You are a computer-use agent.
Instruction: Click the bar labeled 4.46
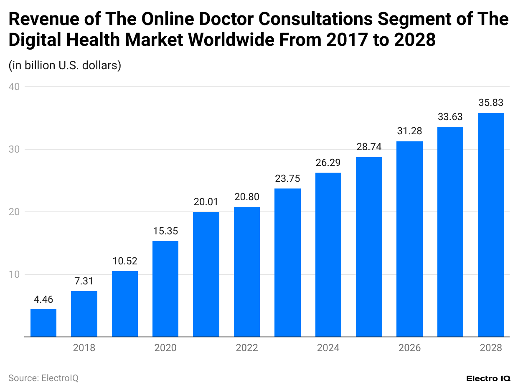coord(43,323)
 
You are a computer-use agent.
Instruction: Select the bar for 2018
coord(84,314)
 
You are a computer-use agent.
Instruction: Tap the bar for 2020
coord(165,289)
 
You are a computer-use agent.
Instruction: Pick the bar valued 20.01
coord(206,274)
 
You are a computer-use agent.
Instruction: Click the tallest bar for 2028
coord(491,225)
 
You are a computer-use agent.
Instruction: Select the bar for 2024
coord(328,254)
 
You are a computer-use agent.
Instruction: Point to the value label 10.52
coord(125,261)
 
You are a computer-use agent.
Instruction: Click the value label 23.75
coord(287,178)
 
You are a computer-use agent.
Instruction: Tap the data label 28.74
coord(369,147)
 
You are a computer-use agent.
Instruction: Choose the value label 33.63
coord(450,117)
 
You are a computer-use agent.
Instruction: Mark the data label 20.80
coord(247,197)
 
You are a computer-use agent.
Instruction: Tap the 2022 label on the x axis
coord(247,348)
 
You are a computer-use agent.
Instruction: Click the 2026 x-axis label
coord(409,348)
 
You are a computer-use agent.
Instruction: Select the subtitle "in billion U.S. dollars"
coord(65,65)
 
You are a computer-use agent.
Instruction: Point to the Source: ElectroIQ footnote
coord(43,378)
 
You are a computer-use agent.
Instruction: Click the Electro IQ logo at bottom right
coord(488,378)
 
